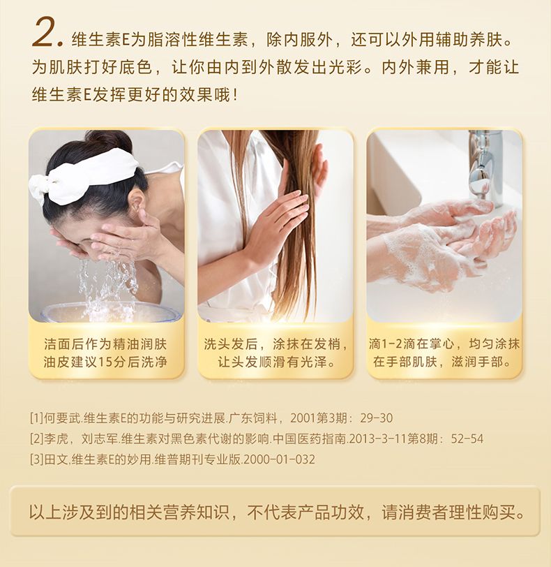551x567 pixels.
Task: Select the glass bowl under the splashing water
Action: pyautogui.click(x=112, y=312)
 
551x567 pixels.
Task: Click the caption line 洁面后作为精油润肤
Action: pyautogui.click(x=105, y=344)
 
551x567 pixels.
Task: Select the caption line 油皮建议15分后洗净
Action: pyautogui.click(x=105, y=362)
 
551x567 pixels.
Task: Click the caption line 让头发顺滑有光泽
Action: pyautogui.click(x=276, y=362)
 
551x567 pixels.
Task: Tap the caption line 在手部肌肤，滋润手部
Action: pyautogui.click(x=441, y=362)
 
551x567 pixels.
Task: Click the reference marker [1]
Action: pyautogui.click(x=36, y=418)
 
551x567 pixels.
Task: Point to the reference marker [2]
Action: pyautogui.click(x=36, y=439)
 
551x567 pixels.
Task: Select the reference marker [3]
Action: pyautogui.click(x=36, y=459)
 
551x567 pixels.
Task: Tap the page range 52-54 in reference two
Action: pyautogui.click(x=467, y=439)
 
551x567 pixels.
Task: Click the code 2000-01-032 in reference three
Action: pyautogui.click(x=280, y=459)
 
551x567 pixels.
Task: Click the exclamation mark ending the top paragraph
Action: pyautogui.click(x=235, y=95)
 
